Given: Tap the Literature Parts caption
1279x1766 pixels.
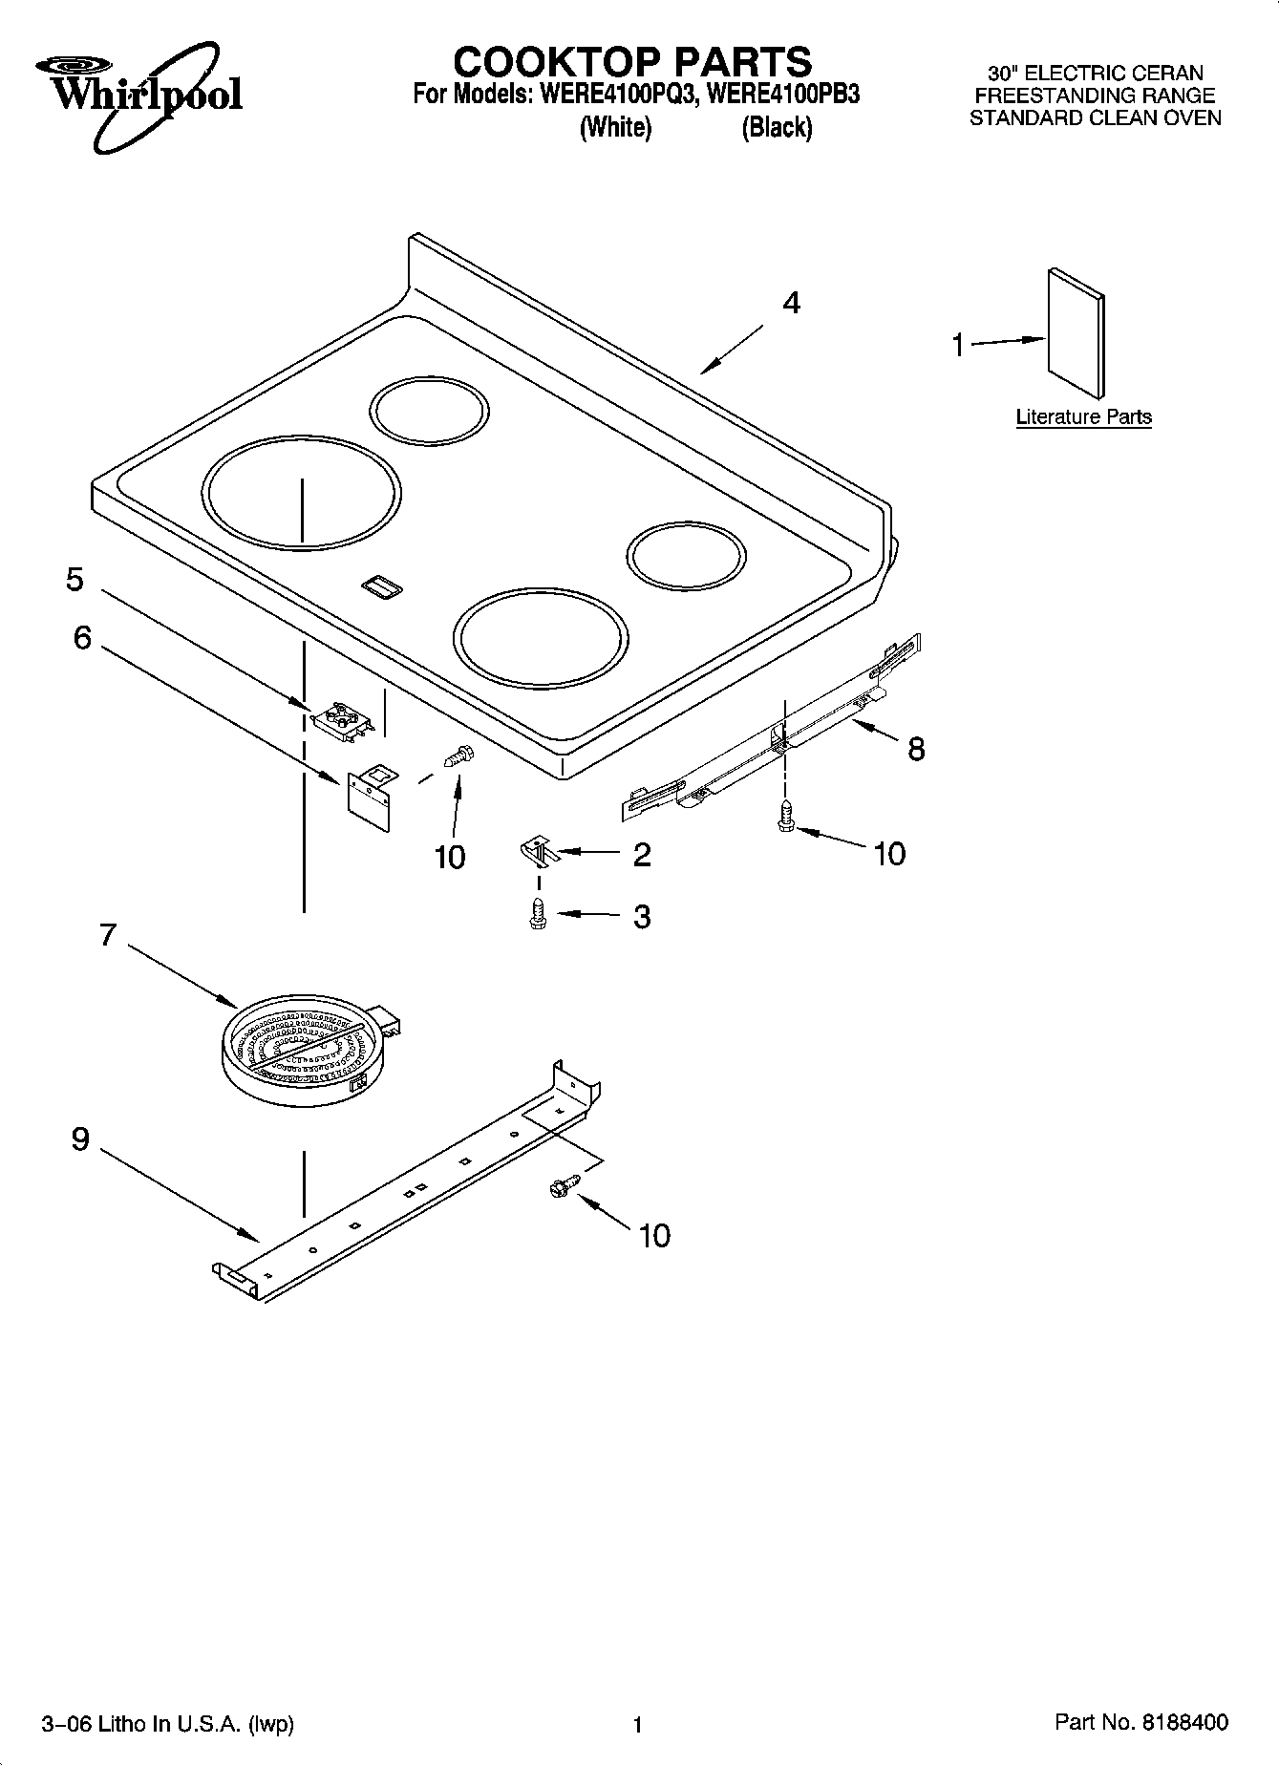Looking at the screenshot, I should coord(1083,417).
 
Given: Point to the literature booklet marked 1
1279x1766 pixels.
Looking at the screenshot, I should coord(1076,333).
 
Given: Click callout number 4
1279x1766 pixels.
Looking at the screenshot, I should coord(791,303).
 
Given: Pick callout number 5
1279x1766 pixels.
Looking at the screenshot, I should coord(75,580).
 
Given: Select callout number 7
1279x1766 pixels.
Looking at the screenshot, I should coord(107,933).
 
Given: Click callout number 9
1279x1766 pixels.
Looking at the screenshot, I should coord(80,1139).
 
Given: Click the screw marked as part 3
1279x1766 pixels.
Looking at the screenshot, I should coord(538,914).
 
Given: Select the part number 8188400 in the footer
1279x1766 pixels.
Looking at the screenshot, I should coord(1182,1722).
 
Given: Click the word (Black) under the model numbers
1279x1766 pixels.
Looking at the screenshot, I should coord(777,128).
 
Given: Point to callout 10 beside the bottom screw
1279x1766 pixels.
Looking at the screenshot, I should coord(654,1236).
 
